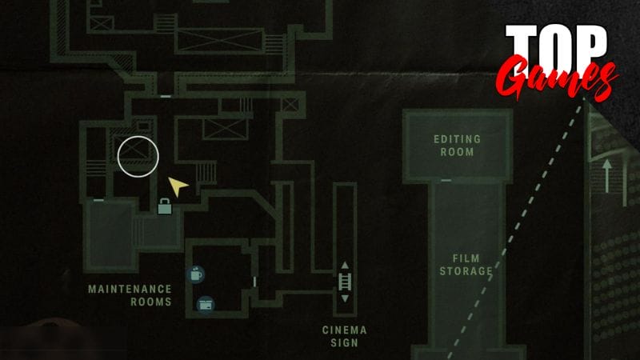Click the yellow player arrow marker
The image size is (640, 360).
point(178,186)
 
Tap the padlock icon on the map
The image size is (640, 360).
point(165,206)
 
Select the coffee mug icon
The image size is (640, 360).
point(196,274)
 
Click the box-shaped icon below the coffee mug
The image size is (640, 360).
point(206,305)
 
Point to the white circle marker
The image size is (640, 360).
point(138,157)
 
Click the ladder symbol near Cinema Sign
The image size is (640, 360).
point(345,282)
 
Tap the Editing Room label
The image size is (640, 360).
point(457,146)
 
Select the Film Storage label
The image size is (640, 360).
point(466,265)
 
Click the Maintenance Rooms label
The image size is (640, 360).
point(130,295)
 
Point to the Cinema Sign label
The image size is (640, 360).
point(345,337)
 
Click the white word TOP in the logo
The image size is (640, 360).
point(556,46)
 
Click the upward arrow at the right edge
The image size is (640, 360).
point(607,176)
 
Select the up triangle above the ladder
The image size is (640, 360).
point(345,266)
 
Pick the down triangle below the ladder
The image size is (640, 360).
point(345,298)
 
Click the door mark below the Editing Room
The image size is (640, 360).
point(446,181)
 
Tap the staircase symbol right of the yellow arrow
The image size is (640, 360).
point(206,173)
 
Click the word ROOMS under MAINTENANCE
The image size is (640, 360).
point(151,302)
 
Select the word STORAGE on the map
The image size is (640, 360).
point(466,271)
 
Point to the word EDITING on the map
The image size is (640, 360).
point(457,139)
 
